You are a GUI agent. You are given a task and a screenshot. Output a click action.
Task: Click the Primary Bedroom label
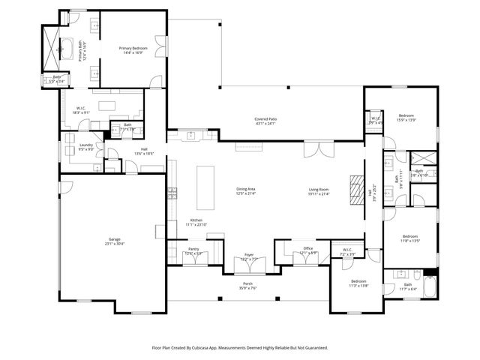click(x=133, y=48)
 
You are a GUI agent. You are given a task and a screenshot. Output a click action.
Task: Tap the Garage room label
click(x=113, y=239)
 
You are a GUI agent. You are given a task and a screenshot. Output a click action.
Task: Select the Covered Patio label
click(x=265, y=119)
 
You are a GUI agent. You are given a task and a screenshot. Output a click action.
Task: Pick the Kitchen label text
click(x=196, y=220)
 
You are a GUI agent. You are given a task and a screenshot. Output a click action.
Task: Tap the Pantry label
click(x=193, y=250)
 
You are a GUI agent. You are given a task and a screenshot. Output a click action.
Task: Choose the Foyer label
click(x=249, y=255)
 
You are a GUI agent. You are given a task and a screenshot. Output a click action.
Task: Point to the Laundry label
click(x=85, y=145)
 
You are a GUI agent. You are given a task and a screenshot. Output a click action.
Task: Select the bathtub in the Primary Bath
click(x=65, y=50)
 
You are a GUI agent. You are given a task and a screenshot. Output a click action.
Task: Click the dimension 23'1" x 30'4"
click(x=113, y=244)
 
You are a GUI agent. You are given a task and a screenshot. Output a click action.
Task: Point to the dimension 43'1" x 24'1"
click(x=265, y=124)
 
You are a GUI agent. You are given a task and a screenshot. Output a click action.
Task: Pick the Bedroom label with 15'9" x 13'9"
click(x=406, y=115)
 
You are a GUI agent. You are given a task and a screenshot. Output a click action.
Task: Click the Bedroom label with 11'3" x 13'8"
click(x=359, y=281)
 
